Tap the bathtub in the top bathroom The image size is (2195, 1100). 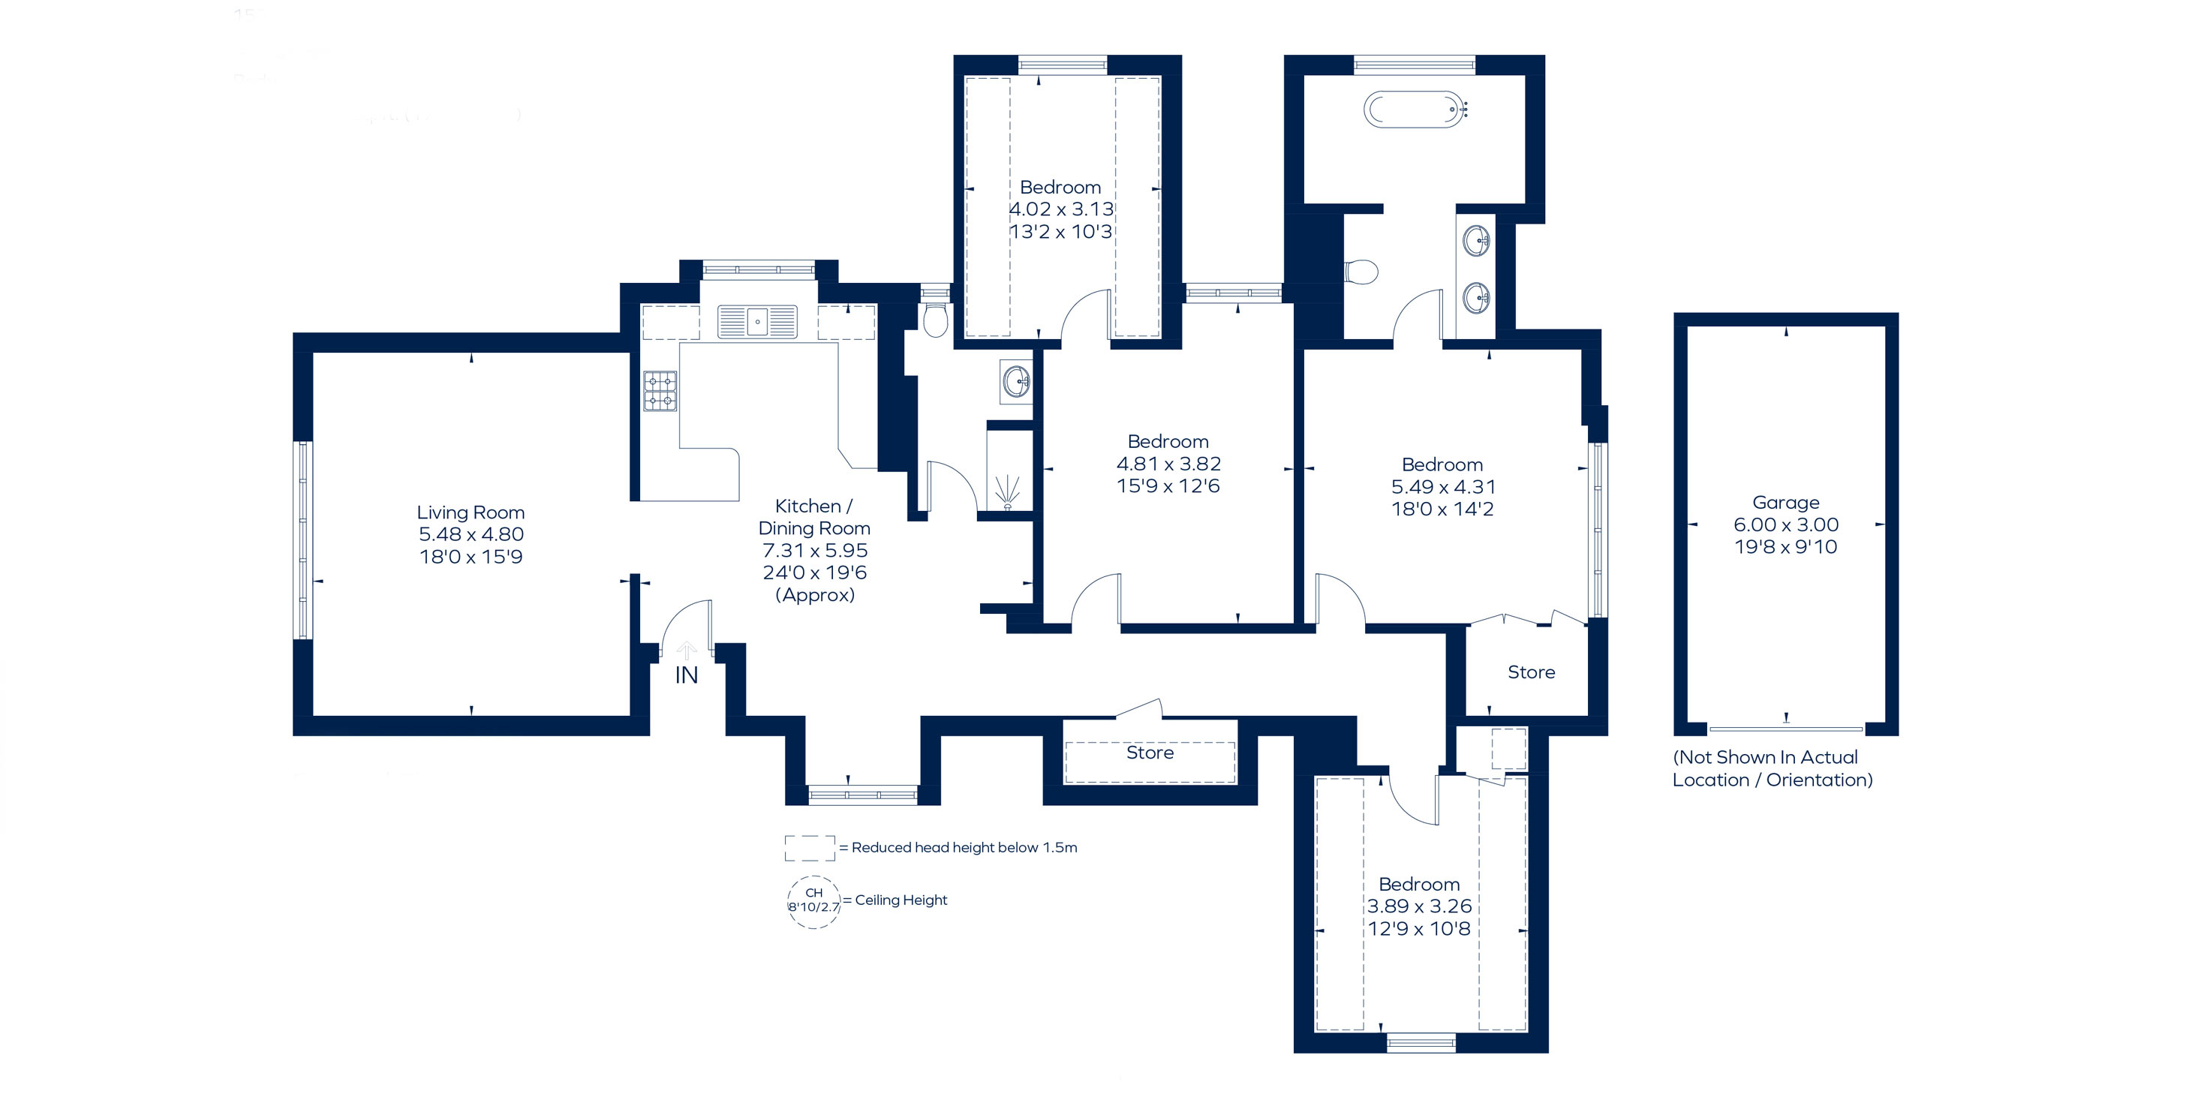pos(1415,110)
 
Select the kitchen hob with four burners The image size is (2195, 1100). pos(660,391)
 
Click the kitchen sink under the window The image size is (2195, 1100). pos(756,322)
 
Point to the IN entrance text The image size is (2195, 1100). pos(686,675)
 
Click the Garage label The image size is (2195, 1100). pos(1785,503)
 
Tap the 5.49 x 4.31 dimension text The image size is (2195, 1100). pos(1442,486)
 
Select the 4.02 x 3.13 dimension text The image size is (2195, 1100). pos(1061,209)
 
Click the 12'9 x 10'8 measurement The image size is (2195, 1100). pos(1419,929)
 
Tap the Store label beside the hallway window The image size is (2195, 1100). pos(1150,753)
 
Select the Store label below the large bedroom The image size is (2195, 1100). pos(1531,672)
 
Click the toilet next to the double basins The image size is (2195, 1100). pos(1361,272)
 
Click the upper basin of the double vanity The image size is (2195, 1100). pos(1477,241)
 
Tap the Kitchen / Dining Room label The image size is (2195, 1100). pos(813,517)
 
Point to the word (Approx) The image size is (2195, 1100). pos(815,595)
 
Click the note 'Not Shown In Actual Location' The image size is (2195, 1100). pos(1773,768)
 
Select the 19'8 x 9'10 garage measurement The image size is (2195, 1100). pos(1786,547)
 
